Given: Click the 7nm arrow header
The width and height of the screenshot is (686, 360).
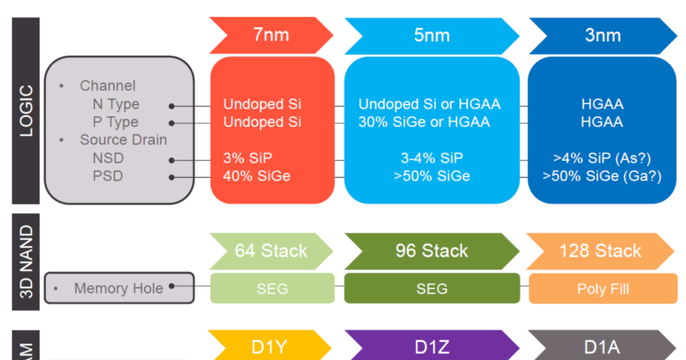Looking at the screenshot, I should [270, 35].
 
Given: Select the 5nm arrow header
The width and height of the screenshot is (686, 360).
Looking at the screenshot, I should [432, 35].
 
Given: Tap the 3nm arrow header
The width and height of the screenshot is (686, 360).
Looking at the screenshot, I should [602, 35].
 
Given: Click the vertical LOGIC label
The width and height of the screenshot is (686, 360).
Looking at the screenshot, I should [26, 111].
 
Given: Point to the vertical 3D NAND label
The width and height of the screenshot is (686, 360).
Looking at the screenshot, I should [26, 262].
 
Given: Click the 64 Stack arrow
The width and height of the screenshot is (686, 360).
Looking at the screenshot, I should [270, 251].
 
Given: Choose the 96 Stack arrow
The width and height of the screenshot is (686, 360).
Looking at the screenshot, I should [432, 251].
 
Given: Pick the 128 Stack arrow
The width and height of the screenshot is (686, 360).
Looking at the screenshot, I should [600, 251].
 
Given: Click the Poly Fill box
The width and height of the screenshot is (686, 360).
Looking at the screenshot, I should [602, 289].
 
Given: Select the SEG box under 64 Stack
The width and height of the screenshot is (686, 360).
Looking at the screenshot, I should [272, 289].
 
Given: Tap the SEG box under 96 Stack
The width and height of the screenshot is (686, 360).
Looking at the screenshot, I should [432, 289].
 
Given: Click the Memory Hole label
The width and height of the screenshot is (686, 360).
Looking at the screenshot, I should [119, 288].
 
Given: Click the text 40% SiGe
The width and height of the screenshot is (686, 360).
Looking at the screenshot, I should [256, 176].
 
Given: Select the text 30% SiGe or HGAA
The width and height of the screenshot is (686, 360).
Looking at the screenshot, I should [424, 122].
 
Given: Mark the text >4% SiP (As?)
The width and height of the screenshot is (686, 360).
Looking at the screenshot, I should [602, 158].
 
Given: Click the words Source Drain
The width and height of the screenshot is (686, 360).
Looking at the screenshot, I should [123, 139].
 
